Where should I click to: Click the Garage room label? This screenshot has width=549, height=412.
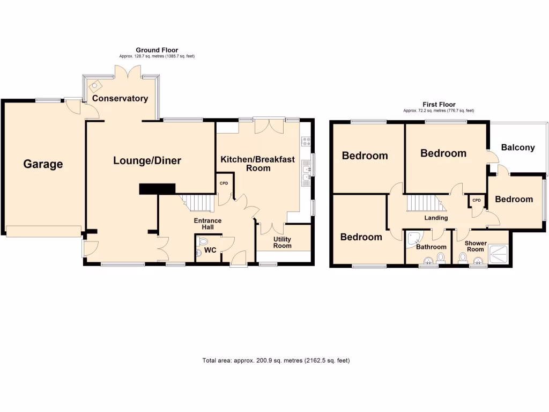pos(43,164)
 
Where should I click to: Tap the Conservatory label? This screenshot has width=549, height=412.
pos(120,99)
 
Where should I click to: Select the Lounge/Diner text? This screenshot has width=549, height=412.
pos(147,160)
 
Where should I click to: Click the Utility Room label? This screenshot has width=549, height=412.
pos(283,242)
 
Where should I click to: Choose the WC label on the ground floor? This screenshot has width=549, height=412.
pos(211,251)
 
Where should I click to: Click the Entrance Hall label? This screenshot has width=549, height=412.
pos(207,224)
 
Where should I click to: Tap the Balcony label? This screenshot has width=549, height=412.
pos(518,148)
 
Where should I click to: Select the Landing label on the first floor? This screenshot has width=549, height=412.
pos(436,218)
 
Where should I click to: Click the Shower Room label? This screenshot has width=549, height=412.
pos(476,246)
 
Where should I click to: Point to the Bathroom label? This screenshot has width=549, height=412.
pos(431,247)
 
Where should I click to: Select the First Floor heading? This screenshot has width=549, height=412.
pos(439,105)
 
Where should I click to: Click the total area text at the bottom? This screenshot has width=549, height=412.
pos(276,360)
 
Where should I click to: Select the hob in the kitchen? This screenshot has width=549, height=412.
pos(307,142)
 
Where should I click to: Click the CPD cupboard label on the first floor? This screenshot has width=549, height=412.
pos(476,201)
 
